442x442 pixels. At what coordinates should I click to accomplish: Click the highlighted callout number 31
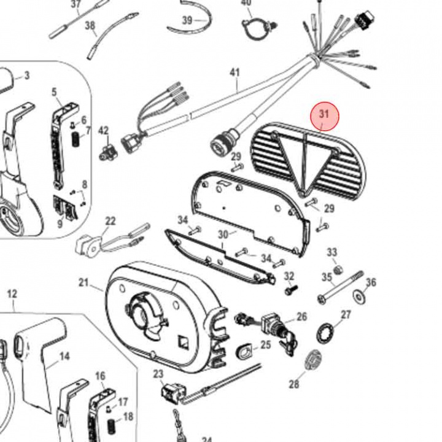click(324, 115)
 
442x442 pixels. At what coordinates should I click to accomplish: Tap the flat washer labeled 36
click(358, 297)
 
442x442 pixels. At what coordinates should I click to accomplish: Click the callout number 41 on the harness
click(235, 72)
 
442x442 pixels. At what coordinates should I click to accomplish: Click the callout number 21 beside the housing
click(83, 282)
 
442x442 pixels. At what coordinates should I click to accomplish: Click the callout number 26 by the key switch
click(301, 317)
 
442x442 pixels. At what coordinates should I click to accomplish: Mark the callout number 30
click(223, 235)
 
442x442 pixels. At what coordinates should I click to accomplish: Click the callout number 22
click(110, 221)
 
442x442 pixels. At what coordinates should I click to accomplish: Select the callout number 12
click(12, 294)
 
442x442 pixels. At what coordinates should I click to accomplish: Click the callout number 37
click(76, 5)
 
